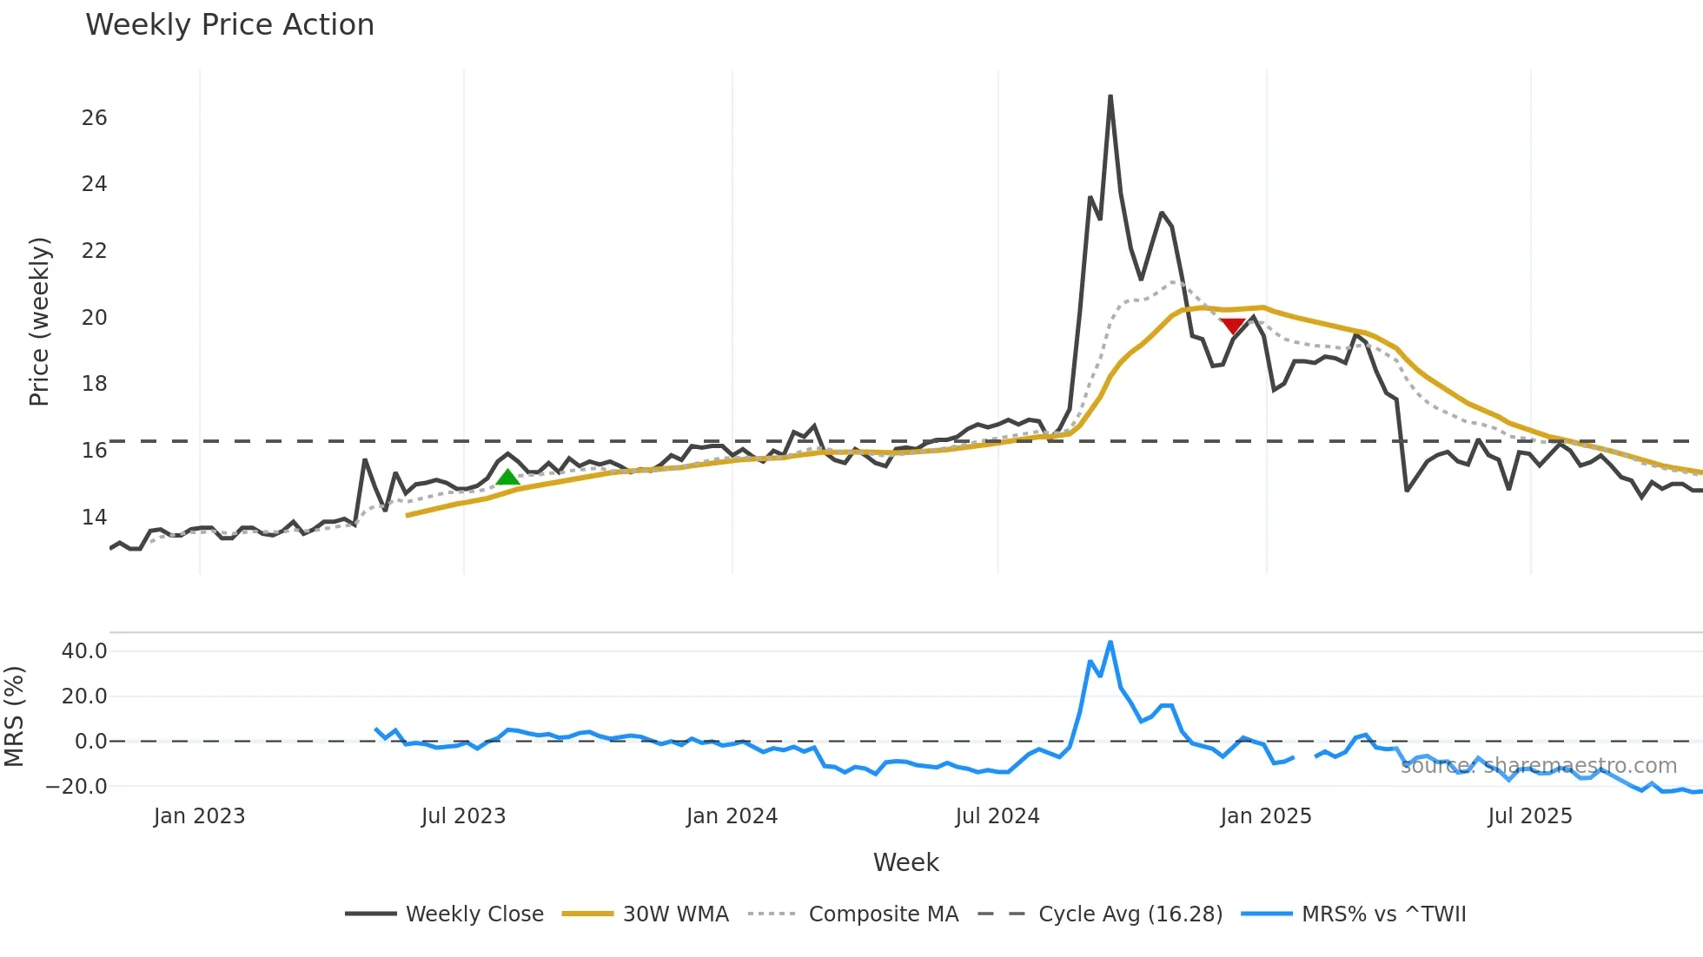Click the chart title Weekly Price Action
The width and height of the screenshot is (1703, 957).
point(229,25)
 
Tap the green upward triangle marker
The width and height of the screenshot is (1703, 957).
point(507,477)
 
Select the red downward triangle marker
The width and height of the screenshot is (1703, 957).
point(1232,326)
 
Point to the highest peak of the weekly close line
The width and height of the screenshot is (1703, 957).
point(1110,96)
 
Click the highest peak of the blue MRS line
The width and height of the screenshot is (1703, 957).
point(1110,643)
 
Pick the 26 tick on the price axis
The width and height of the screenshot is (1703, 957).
point(94,118)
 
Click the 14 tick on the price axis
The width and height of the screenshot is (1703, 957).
point(94,518)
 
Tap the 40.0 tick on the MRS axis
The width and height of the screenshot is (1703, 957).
point(84,651)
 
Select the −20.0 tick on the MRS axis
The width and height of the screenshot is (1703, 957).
point(76,787)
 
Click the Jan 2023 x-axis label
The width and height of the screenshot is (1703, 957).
point(199,816)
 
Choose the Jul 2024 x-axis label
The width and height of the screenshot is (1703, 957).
point(997,816)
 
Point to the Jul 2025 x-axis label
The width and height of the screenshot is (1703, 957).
point(1529,816)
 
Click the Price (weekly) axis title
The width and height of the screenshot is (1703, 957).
point(40,321)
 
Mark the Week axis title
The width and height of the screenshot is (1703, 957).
point(905,862)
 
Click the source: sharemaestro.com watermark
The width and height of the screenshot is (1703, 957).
point(1538,766)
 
